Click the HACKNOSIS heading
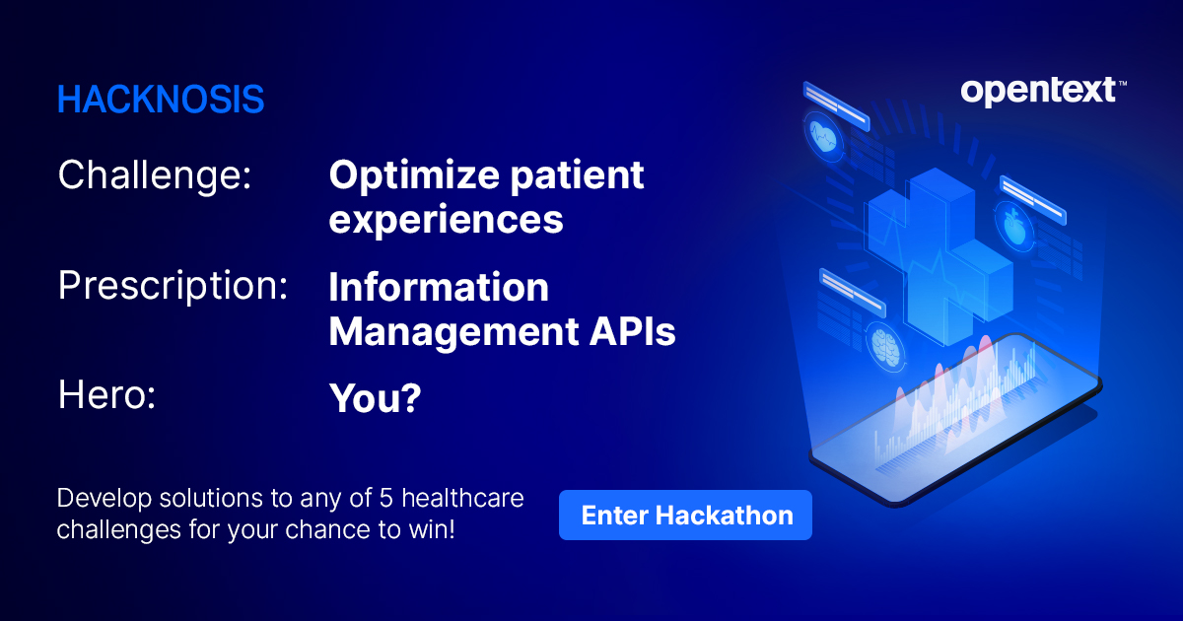coord(161,100)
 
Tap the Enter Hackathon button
coord(685,515)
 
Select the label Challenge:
coord(155,176)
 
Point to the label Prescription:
coord(173,286)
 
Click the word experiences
coord(446,220)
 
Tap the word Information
coord(438,288)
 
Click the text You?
coord(375,397)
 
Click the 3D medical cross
coord(937,251)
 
